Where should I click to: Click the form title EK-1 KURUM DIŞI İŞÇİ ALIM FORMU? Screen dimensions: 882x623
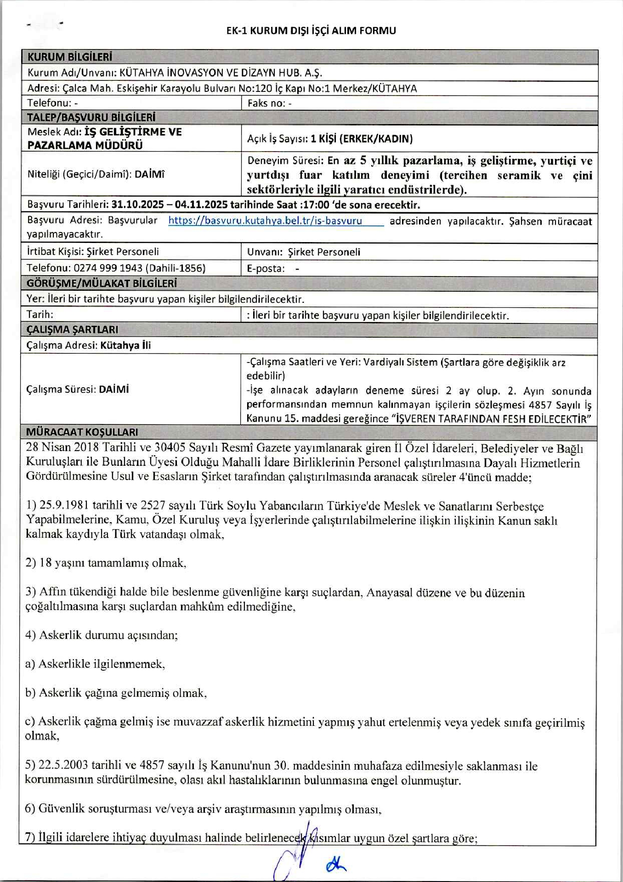(311, 31)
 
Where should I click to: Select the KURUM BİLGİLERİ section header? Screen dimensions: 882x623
(70, 57)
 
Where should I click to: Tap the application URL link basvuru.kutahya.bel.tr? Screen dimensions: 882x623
(265, 220)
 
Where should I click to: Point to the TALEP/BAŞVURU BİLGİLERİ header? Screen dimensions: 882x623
(91, 117)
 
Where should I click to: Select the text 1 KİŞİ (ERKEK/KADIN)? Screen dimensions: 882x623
(362, 138)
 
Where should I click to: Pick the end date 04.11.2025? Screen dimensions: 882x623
(201, 204)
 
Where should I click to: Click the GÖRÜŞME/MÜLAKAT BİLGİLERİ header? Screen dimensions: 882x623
(102, 283)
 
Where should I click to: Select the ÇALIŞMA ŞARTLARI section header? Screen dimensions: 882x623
(72, 329)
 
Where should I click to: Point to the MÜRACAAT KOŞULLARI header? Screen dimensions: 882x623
(82, 432)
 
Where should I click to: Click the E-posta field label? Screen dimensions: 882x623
(266, 268)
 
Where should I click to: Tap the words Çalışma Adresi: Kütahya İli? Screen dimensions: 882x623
(89, 345)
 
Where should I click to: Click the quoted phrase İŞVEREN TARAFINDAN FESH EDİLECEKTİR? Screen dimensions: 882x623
(493, 418)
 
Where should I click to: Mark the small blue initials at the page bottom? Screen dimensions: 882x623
(336, 865)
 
